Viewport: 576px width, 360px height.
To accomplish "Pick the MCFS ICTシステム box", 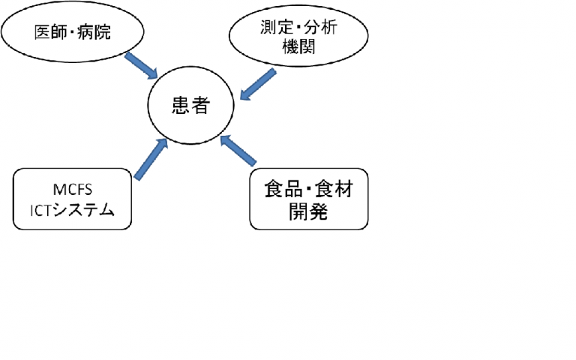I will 73,198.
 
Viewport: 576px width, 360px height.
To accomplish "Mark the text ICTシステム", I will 73,210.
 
